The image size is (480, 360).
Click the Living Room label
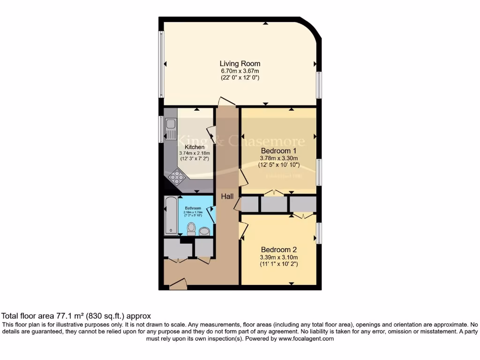pyautogui.click(x=240, y=64)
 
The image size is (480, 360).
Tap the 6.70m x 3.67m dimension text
pyautogui.click(x=240, y=71)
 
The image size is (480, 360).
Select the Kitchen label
pyautogui.click(x=194, y=147)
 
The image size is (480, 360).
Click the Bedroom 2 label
pyautogui.click(x=278, y=250)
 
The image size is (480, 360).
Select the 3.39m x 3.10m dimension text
pyautogui.click(x=278, y=257)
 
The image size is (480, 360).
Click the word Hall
pyautogui.click(x=227, y=197)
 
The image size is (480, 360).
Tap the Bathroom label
pyautogui.click(x=193, y=208)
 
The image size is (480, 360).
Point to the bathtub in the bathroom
pyautogui.click(x=171, y=216)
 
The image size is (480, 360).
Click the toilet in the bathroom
pyautogui.click(x=191, y=229)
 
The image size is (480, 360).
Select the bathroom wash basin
pyautogui.click(x=204, y=231)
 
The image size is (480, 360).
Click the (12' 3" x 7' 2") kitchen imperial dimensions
pyautogui.click(x=194, y=159)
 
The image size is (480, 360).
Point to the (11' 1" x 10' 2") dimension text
pyautogui.click(x=278, y=264)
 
